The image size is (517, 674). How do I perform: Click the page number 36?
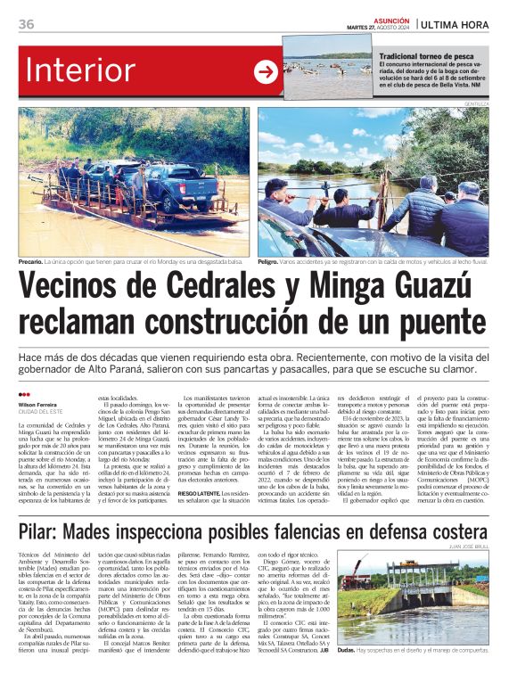point(26,24)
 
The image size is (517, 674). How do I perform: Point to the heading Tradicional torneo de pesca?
point(426,56)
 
